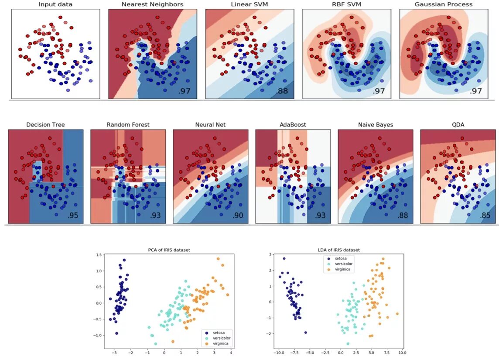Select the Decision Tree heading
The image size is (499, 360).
pyautogui.click(x=45, y=125)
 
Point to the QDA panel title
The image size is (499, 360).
pyautogui.click(x=458, y=125)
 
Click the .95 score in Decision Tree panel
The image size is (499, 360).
pyautogui.click(x=73, y=216)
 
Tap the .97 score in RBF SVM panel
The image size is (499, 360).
pyautogui.click(x=379, y=91)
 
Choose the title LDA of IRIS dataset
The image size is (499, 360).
pyautogui.click(x=338, y=250)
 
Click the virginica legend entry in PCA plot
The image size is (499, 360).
pyautogui.click(x=221, y=343)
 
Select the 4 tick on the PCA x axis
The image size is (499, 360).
pyautogui.click(x=231, y=352)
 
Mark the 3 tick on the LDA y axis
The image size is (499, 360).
pyautogui.click(x=271, y=254)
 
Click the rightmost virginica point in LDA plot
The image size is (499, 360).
pyautogui.click(x=397, y=314)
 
